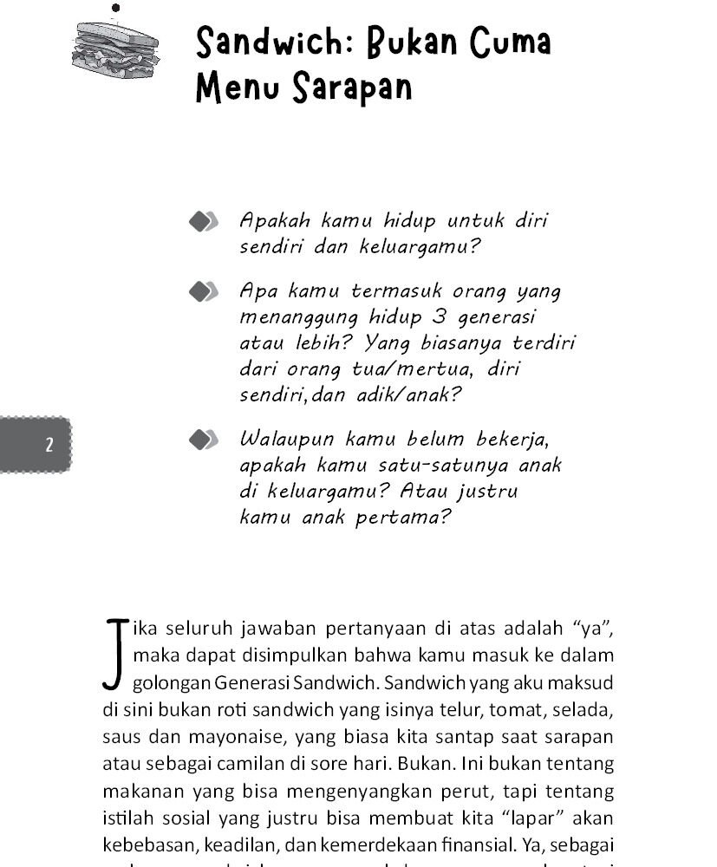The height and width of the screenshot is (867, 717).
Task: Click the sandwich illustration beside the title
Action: (115, 49)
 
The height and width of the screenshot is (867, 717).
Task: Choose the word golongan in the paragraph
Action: (168, 684)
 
